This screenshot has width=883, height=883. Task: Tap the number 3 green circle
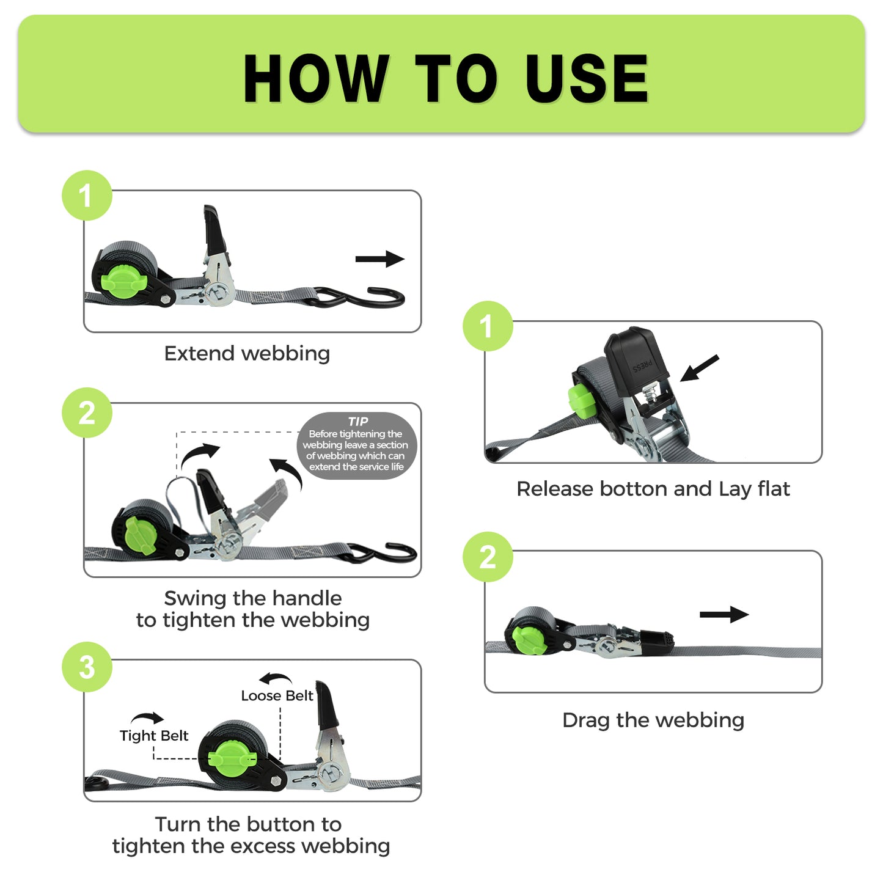(87, 667)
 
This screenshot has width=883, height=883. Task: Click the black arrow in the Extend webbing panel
(379, 259)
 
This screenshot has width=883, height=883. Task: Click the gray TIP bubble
(356, 445)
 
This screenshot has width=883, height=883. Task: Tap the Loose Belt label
(277, 696)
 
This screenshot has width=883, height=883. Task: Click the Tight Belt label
(154, 736)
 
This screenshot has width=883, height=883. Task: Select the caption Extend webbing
(247, 353)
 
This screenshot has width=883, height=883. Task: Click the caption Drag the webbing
(653, 720)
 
